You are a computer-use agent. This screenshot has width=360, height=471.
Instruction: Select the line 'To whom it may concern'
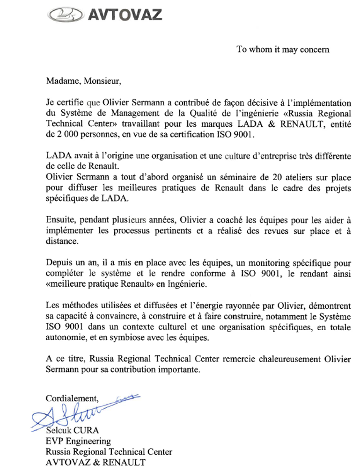(x=283, y=49)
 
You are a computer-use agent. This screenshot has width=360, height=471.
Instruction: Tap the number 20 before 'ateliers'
(x=268, y=178)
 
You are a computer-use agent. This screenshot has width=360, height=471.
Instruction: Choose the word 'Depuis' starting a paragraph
(x=58, y=263)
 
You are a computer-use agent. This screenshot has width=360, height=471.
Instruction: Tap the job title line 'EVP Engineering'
(x=78, y=441)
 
